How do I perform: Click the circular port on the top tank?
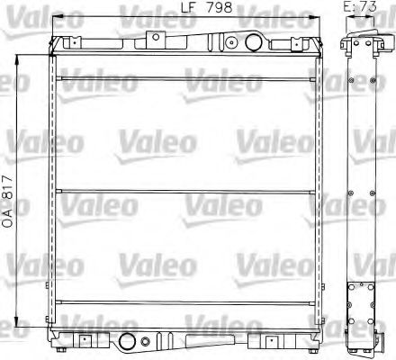[x=232, y=41]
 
